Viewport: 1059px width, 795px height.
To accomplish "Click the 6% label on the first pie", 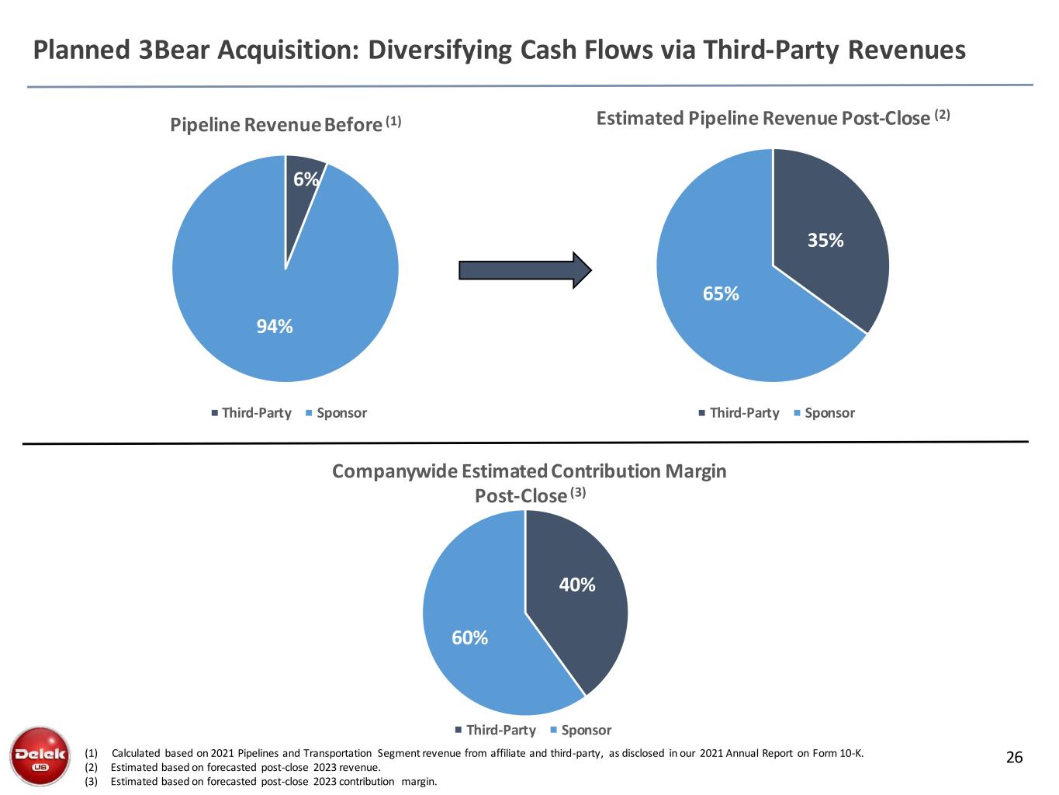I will [x=306, y=179].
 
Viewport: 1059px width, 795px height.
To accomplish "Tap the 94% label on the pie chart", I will [x=275, y=327].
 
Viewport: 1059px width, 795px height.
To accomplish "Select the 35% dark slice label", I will [x=825, y=241].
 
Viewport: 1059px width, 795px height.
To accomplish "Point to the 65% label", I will [x=721, y=293].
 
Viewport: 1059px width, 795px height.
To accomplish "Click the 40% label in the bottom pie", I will [x=577, y=585].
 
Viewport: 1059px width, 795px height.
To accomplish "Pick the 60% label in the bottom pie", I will [x=470, y=637].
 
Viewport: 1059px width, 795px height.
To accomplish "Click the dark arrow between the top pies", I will [x=525, y=270].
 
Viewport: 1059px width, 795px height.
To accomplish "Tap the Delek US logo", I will [x=40, y=755].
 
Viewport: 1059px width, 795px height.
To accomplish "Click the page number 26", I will [x=1014, y=758].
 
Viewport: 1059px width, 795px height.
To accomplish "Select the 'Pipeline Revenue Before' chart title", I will [x=276, y=125].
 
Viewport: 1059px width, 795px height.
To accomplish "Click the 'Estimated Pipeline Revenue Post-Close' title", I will [x=763, y=118].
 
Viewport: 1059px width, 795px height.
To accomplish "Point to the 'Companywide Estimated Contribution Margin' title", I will [x=529, y=471].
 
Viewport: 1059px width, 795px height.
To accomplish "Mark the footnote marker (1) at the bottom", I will [x=92, y=753].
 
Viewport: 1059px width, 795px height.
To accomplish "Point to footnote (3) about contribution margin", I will [x=274, y=781].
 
